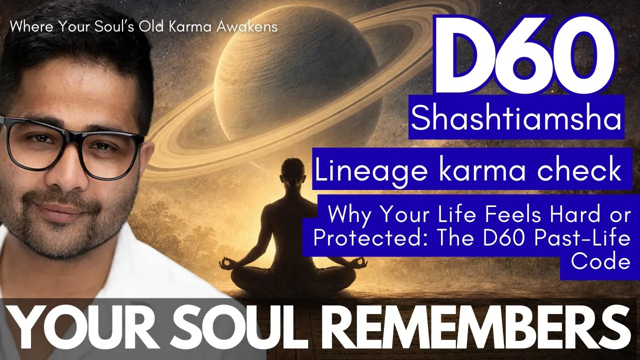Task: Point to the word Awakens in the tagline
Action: [x=247, y=27]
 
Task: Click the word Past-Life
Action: [x=582, y=238]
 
